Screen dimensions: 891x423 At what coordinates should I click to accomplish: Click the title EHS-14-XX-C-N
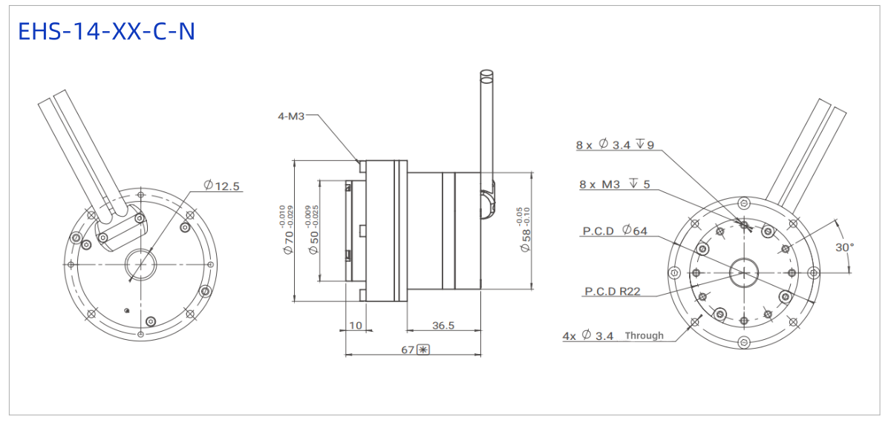[107, 31]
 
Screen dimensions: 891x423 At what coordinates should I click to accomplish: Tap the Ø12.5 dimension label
[221, 186]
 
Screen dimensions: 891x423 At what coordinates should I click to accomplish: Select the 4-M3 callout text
[291, 116]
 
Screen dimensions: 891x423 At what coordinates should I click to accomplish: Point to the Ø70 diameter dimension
[289, 243]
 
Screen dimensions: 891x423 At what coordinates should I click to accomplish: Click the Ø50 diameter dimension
[314, 243]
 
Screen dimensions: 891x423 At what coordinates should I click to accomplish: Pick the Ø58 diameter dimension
[526, 240]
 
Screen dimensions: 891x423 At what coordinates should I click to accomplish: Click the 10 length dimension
[356, 326]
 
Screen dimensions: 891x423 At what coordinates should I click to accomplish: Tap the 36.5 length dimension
[443, 326]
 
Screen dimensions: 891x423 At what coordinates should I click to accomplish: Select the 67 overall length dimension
[408, 350]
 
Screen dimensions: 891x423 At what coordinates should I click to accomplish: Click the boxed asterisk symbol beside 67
[422, 350]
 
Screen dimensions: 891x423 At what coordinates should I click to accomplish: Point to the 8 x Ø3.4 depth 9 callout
[615, 144]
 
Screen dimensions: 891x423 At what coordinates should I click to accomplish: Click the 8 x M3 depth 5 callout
[615, 184]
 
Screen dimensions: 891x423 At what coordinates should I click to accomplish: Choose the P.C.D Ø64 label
[615, 231]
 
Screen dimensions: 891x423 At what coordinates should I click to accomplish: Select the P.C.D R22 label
[613, 292]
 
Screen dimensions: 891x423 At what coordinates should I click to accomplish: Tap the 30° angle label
[844, 247]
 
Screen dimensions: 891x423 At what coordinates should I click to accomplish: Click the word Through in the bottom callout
[644, 335]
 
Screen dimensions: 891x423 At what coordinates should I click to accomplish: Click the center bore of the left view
[140, 264]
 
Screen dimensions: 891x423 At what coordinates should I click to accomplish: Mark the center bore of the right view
[744, 273]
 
